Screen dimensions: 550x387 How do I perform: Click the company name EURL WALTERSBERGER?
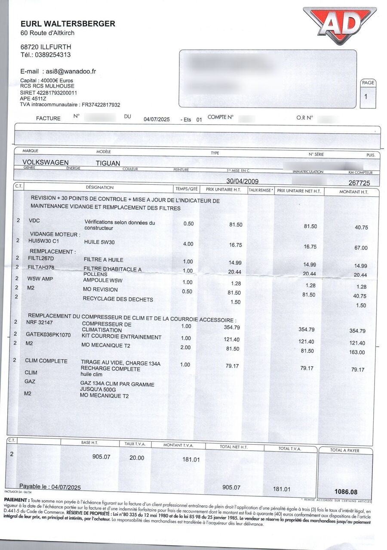(x=68, y=24)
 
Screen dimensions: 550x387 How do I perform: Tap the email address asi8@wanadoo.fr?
(x=71, y=71)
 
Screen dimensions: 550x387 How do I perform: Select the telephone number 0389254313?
(x=52, y=55)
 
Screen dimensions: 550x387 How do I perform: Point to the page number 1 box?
(x=366, y=96)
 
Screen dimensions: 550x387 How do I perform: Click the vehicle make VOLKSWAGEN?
(x=45, y=162)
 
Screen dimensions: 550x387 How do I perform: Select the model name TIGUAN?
(x=108, y=163)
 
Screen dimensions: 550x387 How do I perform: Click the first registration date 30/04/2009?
(x=243, y=181)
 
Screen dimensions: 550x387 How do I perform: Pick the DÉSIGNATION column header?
(x=100, y=187)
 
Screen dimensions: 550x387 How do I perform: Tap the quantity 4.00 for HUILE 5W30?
(x=188, y=244)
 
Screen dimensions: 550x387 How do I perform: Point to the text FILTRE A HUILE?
(x=103, y=260)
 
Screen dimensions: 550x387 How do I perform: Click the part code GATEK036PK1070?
(x=48, y=334)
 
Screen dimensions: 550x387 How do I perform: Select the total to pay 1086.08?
(x=346, y=492)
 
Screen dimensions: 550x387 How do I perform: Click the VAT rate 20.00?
(x=137, y=458)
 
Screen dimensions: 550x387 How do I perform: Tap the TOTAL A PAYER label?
(x=345, y=450)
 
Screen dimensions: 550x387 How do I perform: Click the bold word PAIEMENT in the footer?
(x=17, y=501)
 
